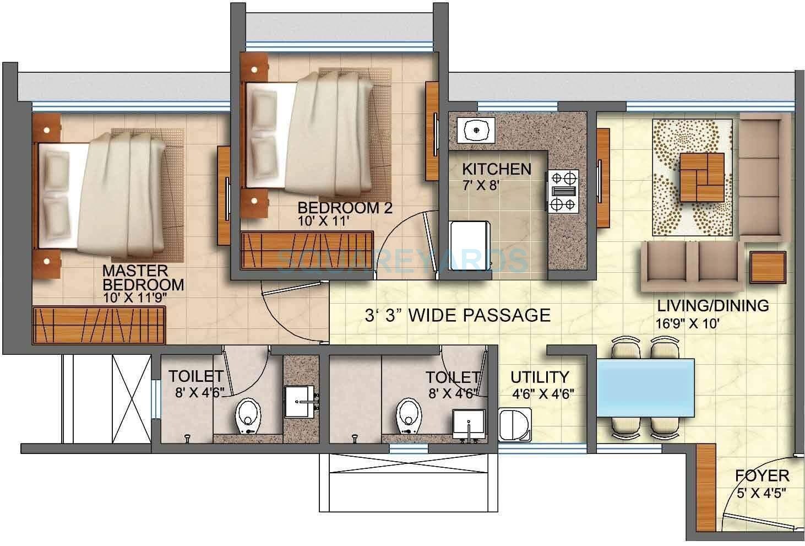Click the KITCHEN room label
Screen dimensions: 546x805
point(496,169)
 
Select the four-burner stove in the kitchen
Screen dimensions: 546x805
point(562,191)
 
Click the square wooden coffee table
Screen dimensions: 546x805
point(701,177)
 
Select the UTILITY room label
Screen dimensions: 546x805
point(539,377)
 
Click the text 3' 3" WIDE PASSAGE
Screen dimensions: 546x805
point(458,315)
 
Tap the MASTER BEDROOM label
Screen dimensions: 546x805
point(143,278)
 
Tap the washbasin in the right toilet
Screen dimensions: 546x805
point(468,424)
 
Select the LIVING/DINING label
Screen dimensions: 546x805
point(714,306)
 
